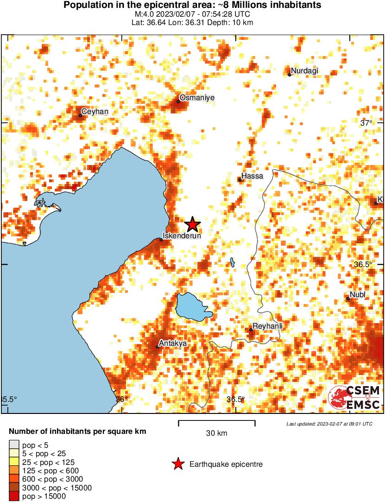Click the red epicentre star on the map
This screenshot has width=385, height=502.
(x=193, y=225)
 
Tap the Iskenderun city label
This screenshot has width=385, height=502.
(x=182, y=235)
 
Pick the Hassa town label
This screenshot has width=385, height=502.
(x=252, y=176)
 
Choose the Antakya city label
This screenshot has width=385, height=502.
(x=172, y=343)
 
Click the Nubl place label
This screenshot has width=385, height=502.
(x=358, y=295)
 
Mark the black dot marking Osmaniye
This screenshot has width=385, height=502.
(x=178, y=101)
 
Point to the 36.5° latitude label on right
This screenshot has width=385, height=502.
(x=363, y=264)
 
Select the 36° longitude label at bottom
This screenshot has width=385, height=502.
(x=121, y=399)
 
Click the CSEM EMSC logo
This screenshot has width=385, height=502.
(x=354, y=397)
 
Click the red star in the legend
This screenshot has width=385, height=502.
(x=177, y=464)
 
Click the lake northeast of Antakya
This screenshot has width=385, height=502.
(x=191, y=306)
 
